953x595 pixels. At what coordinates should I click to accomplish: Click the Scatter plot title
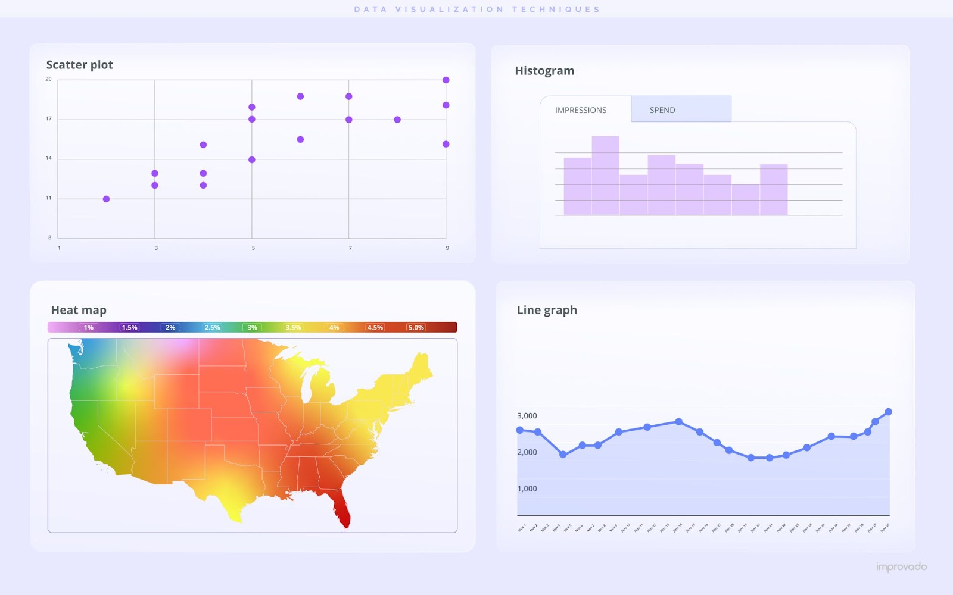79,65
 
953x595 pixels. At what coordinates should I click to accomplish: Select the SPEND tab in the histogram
662,110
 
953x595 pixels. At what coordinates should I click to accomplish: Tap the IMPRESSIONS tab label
581,110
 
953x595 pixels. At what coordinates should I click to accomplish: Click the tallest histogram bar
605,176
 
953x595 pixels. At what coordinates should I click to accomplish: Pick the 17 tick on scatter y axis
49,119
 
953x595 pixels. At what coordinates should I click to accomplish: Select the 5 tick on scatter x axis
253,248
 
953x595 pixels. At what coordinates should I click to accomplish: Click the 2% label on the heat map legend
170,328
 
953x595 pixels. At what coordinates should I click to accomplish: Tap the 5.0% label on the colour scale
416,328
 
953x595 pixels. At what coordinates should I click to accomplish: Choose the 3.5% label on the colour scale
293,328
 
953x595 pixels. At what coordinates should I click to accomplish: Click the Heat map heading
79,310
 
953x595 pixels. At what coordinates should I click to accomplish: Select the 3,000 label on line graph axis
527,416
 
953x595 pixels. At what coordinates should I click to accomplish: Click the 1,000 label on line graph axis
527,489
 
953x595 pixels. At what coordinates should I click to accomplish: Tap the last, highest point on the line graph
888,412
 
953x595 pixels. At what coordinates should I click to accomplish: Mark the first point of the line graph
520,430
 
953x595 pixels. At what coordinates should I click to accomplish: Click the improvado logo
901,567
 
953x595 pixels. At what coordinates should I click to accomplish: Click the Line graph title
547,310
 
